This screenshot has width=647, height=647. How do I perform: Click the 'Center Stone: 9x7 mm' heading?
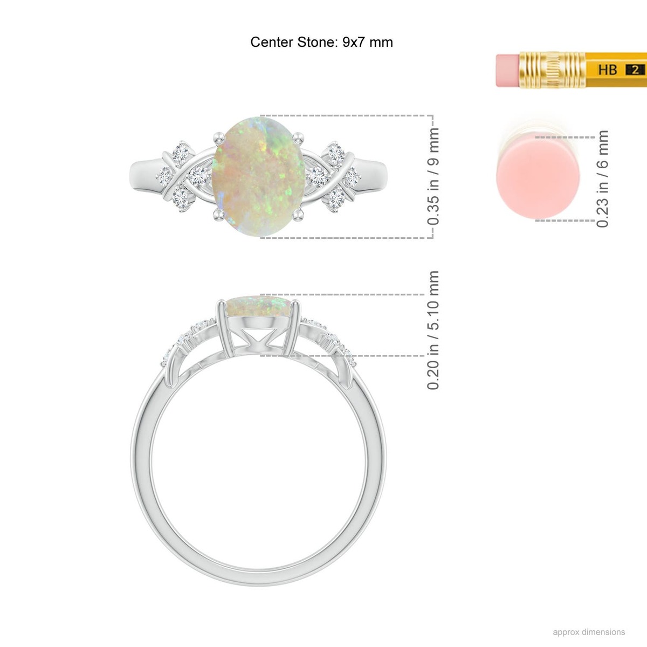(x=321, y=42)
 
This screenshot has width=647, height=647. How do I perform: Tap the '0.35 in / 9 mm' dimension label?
(x=433, y=176)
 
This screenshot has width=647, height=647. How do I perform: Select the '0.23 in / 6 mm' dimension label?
(x=602, y=179)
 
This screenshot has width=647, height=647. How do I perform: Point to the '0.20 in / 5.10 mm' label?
(x=433, y=330)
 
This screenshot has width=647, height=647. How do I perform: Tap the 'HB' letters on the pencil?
(x=608, y=70)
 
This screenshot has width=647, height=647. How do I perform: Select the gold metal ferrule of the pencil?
(x=552, y=70)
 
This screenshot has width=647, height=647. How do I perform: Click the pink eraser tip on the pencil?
(x=508, y=70)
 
